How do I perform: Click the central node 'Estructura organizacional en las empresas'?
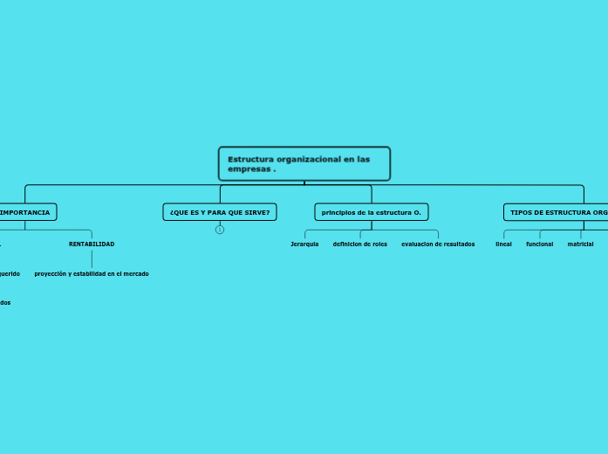click(x=304, y=163)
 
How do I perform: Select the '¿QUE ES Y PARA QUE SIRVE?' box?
click(x=220, y=212)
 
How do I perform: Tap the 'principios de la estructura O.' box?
click(x=372, y=212)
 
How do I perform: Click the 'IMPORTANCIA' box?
click(x=26, y=212)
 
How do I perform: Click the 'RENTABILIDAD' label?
click(x=92, y=244)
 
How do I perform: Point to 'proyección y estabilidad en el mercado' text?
click(x=92, y=274)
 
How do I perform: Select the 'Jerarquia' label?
click(x=304, y=244)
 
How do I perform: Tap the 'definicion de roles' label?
click(x=360, y=244)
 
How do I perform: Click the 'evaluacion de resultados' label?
click(x=438, y=244)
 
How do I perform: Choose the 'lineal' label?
click(x=503, y=244)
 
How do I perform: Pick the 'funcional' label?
click(x=539, y=244)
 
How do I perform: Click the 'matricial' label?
click(x=580, y=244)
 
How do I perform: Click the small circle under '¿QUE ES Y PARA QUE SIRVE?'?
click(x=220, y=230)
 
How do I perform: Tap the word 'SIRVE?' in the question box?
click(x=256, y=212)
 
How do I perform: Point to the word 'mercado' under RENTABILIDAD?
click(x=134, y=274)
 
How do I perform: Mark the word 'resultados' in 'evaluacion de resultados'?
click(x=459, y=244)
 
